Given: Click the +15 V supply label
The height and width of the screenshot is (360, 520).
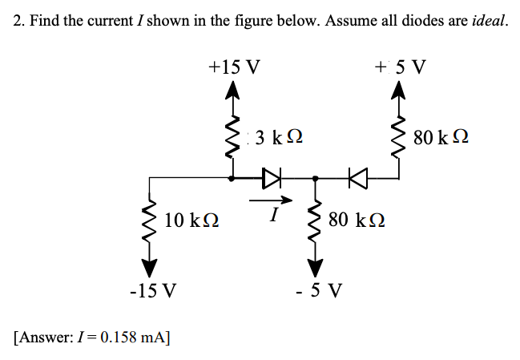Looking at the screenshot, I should [233, 66].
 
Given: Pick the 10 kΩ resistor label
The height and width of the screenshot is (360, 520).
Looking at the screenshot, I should [192, 218].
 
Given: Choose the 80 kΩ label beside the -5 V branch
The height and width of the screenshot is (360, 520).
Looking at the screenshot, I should [357, 218].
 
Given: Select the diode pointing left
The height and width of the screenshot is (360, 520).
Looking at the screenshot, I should [355, 177].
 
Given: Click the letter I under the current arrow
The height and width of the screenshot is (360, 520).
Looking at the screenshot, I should [274, 215].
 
